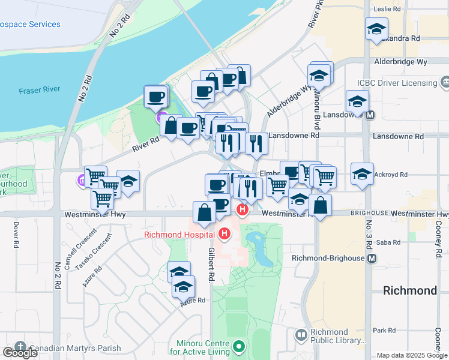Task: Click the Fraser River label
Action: [39, 90]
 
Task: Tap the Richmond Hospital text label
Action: [180, 234]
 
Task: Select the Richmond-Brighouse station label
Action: [328, 258]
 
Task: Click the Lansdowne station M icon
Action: [370, 115]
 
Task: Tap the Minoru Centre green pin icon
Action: [239, 346]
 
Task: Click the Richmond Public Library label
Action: [330, 336]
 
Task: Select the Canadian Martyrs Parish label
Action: [74, 348]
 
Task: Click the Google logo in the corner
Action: [20, 353]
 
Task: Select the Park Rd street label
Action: [384, 330]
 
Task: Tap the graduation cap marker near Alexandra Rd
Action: [376, 29]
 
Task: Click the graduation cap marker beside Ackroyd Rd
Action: [362, 174]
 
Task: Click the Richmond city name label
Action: [410, 290]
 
